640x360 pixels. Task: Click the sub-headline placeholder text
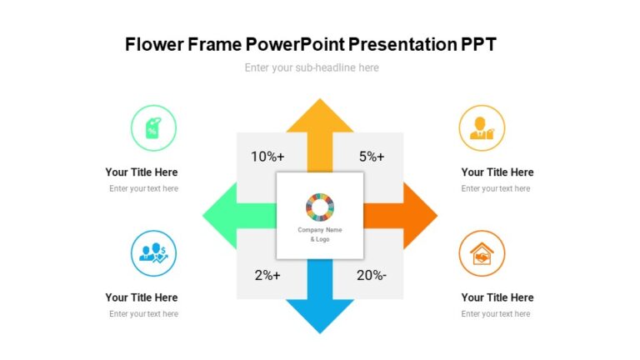pos(312,68)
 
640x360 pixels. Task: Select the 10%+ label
pos(267,157)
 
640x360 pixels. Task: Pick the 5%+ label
pos(372,157)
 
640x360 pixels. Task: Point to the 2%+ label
pos(267,276)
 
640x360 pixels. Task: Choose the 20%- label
pos(372,276)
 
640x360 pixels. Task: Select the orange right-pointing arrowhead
pos(420,216)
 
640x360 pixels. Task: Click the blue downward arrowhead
pos(320,314)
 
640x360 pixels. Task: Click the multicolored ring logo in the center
pos(320,207)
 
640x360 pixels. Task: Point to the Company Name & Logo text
pos(320,234)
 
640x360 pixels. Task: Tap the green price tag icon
pos(153,128)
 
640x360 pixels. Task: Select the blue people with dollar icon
pos(153,253)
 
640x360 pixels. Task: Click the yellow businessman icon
pos(482,128)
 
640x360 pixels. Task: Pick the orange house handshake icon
pos(482,253)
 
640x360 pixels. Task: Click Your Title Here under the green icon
pos(142,172)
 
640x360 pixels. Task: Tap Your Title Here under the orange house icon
pos(497,297)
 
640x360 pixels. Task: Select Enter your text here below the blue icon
pos(143,314)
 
